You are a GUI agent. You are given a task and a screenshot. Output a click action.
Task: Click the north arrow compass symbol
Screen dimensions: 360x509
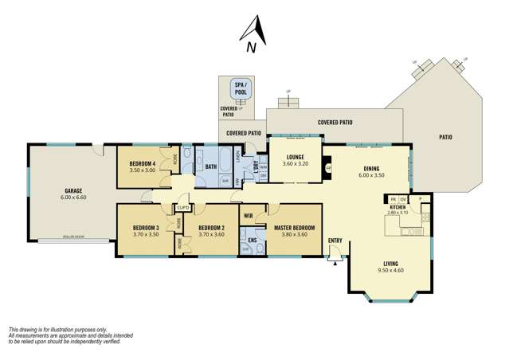coord(251,34)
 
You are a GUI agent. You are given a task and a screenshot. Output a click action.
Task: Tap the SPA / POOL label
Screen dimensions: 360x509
coord(239,88)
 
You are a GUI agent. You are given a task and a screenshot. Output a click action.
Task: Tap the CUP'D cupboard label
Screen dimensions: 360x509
coord(183,209)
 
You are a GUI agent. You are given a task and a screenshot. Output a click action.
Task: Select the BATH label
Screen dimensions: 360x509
coord(211,166)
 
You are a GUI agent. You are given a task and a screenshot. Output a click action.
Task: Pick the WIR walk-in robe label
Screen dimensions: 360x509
coord(249,215)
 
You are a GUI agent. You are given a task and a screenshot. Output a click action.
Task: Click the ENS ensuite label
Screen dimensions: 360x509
coord(252,239)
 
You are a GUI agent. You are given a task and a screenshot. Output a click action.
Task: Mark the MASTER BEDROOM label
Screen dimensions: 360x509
coord(296,228)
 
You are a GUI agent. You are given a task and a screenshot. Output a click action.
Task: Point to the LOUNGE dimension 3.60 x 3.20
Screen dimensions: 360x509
coord(295,163)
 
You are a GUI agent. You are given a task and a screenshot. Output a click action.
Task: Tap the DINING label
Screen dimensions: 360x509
coord(371,168)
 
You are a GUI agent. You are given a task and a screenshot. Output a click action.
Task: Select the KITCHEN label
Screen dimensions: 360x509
coord(397,207)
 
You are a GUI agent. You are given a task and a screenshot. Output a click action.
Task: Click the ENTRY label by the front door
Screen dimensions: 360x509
coord(335,241)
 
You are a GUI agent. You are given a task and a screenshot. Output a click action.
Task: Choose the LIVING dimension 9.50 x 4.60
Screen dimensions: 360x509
coord(390,270)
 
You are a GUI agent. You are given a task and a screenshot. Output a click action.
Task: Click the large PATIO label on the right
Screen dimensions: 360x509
coord(445,137)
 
